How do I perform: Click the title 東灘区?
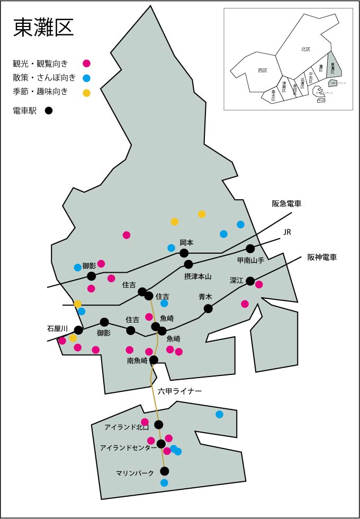pyautogui.click(x=43, y=28)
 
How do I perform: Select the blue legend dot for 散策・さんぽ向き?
pyautogui.click(x=86, y=78)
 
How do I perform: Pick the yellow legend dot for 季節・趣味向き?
pyautogui.click(x=86, y=93)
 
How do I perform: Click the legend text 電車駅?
pyautogui.click(x=24, y=111)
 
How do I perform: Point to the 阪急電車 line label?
pyautogui.click(x=286, y=204)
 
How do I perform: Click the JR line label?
pyautogui.click(x=287, y=232)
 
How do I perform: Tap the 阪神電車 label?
pyautogui.click(x=322, y=258)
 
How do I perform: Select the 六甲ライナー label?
pyautogui.click(x=180, y=391)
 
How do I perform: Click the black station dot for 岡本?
pyautogui.click(x=184, y=253)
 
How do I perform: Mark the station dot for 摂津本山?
pyautogui.click(x=188, y=264)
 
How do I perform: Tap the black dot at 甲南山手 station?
pyautogui.click(x=250, y=248)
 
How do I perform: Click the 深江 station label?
pyautogui.click(x=237, y=280)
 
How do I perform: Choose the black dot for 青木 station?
pyautogui.click(x=208, y=309)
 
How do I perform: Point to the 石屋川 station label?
pyautogui.click(x=57, y=329)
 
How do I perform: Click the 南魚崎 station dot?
pyautogui.click(x=154, y=360)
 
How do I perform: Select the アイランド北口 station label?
pyautogui.click(x=127, y=427)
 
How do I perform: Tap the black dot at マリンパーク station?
pyautogui.click(x=165, y=471)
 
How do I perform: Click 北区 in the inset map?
pyautogui.click(x=305, y=49)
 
